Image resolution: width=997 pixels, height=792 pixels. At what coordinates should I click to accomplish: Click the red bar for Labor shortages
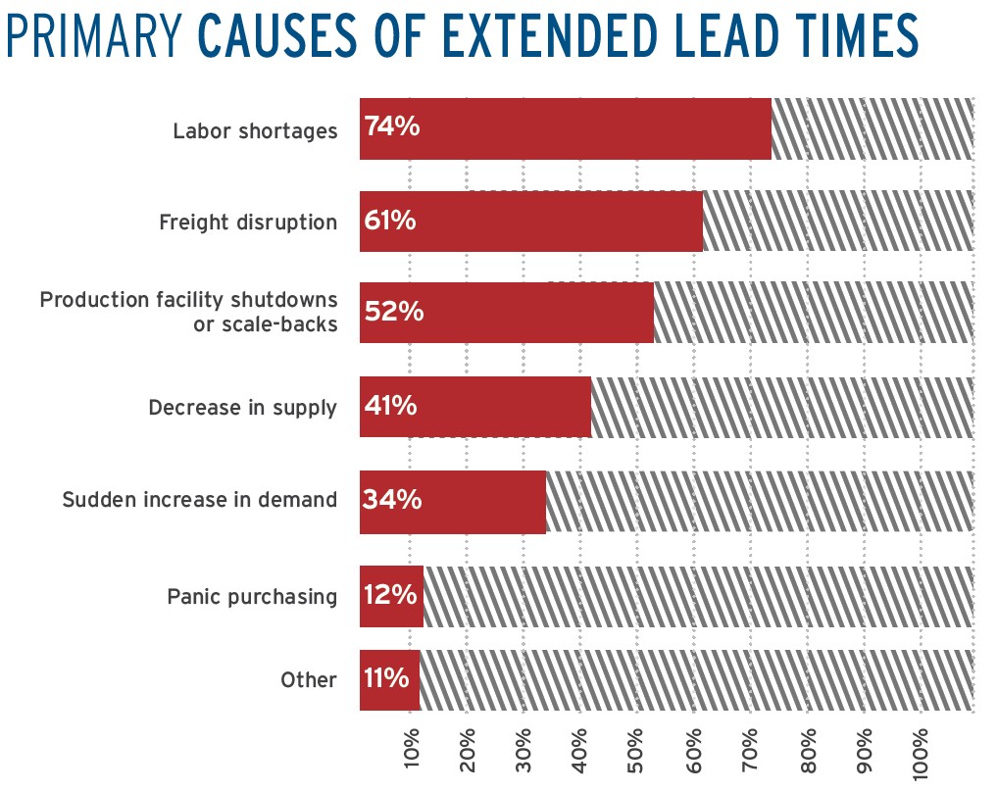pos(588,128)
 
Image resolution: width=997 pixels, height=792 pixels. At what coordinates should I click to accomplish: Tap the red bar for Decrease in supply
pos(500,407)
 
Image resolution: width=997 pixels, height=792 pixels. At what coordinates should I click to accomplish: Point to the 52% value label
pos(393,312)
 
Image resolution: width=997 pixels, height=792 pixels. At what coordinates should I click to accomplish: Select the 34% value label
pos(392,500)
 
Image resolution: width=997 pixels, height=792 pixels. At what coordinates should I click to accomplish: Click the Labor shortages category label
pos(255,130)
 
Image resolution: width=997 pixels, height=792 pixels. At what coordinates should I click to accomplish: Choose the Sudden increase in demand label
pos(199,500)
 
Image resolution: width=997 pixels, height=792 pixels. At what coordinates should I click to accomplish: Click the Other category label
pos(308,680)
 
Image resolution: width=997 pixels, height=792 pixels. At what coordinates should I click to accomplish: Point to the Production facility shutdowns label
pos(188,299)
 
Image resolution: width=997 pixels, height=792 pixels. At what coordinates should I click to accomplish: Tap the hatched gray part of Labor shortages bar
pos(872,128)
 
